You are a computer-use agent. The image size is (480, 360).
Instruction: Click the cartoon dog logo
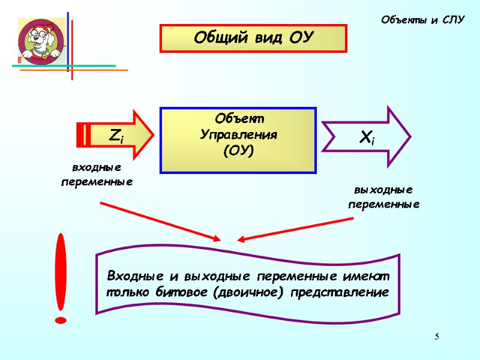(x=41, y=41)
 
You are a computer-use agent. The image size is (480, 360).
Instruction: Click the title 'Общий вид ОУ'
(x=253, y=38)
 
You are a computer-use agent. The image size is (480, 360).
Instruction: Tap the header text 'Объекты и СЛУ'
(x=424, y=20)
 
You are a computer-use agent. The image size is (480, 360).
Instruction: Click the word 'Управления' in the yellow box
(x=238, y=134)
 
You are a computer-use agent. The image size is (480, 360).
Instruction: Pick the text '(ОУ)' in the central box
(x=238, y=149)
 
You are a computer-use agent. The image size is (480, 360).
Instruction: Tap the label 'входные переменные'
(x=97, y=174)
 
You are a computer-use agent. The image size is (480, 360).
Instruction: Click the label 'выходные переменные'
(x=384, y=197)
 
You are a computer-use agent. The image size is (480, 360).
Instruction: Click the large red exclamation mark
(x=61, y=279)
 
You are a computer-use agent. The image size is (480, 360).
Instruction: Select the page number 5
(x=437, y=336)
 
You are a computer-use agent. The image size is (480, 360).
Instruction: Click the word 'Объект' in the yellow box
(x=238, y=118)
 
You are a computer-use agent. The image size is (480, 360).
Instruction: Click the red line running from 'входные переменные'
(x=159, y=222)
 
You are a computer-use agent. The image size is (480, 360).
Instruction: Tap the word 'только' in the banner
(x=128, y=293)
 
